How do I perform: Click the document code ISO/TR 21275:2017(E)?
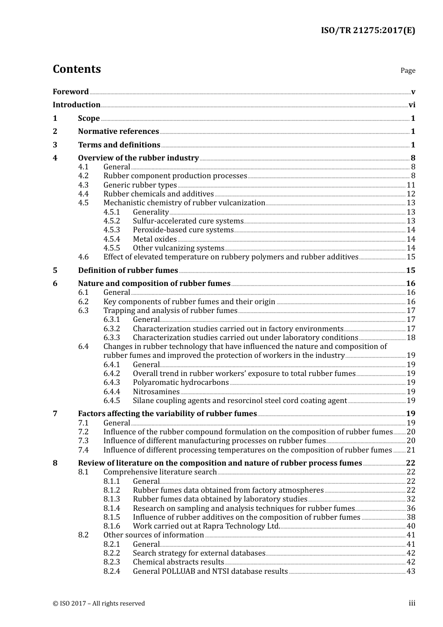[x=367, y=31]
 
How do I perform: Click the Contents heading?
[x=76, y=69]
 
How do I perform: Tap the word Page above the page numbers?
[x=408, y=70]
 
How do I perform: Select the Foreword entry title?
[x=70, y=92]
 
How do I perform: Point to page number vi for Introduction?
[x=412, y=105]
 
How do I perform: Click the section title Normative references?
[x=118, y=132]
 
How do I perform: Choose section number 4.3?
[x=83, y=185]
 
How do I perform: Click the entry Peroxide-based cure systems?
[x=183, y=230]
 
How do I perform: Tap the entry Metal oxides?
[x=154, y=239]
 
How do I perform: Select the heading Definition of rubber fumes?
[x=128, y=271]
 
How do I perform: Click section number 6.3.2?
[x=111, y=328]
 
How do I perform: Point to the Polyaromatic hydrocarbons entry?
[x=180, y=383]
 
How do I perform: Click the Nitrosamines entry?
[x=156, y=392]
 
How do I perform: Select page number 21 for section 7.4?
[x=411, y=450]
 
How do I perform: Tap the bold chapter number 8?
[x=55, y=463]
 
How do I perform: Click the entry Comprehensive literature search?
[x=159, y=472]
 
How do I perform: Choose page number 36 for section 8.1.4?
[x=411, y=509]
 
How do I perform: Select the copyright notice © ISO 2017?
[x=98, y=603]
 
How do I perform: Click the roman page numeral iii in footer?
[x=412, y=603]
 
